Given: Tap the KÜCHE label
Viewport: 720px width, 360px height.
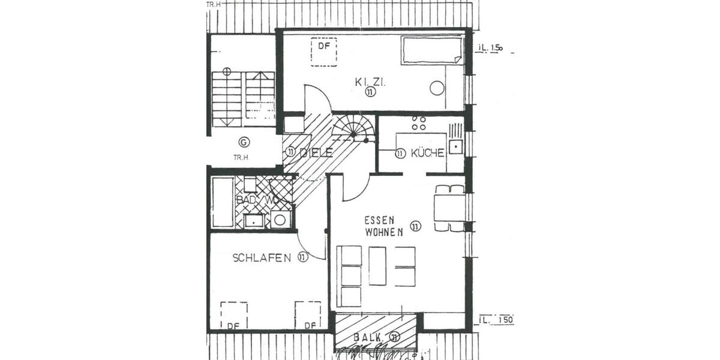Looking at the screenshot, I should pos(427,153).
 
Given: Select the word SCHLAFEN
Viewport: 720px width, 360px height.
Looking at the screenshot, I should pos(262,258).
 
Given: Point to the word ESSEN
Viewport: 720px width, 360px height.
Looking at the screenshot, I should pos(379,221).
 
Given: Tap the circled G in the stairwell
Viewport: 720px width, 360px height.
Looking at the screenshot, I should pos(244,142).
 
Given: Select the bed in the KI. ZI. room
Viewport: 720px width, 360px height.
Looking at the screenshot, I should pos(432,50).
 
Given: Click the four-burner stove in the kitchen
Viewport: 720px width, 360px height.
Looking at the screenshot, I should pos(418,124).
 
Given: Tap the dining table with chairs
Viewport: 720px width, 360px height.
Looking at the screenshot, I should pos(449,208).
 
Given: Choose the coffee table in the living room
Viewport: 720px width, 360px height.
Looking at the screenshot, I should pos(377,266).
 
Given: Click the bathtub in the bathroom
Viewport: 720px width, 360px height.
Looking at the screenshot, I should pos(222,202).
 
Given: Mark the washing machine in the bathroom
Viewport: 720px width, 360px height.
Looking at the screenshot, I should pos(280,219).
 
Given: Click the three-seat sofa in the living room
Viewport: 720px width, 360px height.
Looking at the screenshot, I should pos(350,276).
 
